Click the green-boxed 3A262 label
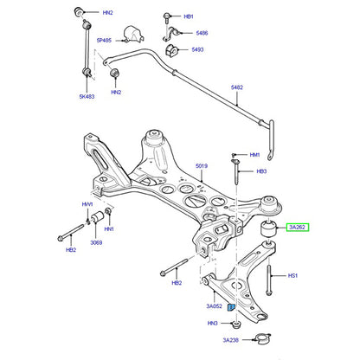[297, 228]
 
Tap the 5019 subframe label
[202, 166]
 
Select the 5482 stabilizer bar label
[237, 87]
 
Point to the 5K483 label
[87, 96]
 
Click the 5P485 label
[104, 41]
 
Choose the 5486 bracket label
[202, 33]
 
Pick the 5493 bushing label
[197, 49]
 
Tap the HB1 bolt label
[189, 16]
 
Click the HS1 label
[292, 276]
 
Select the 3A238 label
[231, 340]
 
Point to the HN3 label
[212, 324]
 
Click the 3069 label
[96, 242]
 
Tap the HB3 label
[261, 171]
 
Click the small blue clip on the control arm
[231, 307]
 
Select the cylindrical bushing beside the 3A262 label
[268, 228]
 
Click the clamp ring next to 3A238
[261, 339]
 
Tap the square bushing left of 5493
[172, 50]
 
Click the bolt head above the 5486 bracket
[167, 16]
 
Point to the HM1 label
[254, 155]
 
